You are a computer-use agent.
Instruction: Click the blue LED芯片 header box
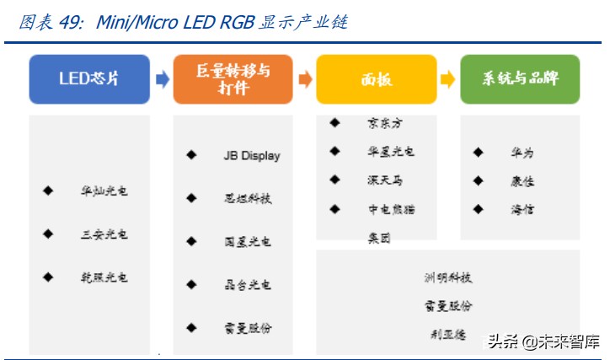click(89, 79)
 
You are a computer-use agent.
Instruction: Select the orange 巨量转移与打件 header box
click(233, 79)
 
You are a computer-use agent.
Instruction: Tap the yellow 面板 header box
click(377, 79)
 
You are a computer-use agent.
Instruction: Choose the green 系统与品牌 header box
click(520, 79)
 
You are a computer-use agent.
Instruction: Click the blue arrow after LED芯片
click(162, 79)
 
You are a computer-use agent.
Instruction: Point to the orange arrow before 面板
click(305, 79)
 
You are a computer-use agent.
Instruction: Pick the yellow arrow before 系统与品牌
click(448, 79)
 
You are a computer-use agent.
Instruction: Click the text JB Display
click(251, 156)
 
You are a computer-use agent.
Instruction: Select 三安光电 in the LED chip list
click(104, 234)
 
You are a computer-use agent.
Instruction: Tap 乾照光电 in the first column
click(104, 277)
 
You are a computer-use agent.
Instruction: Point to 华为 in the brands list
click(522, 153)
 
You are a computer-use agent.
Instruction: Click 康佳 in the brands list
click(522, 181)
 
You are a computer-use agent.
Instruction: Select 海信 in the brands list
click(522, 209)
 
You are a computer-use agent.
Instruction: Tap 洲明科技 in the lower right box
click(447, 277)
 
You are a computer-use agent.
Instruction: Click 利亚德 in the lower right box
click(447, 334)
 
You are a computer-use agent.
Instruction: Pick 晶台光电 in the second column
click(242, 285)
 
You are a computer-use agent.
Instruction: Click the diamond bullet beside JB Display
click(191, 155)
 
